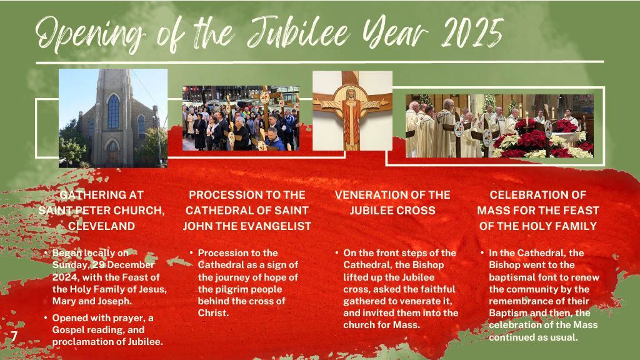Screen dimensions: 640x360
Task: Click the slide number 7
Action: click(14, 336)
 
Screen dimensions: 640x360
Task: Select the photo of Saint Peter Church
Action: click(113, 118)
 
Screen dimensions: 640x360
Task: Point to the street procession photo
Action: click(241, 118)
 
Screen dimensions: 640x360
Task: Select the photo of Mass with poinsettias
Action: click(499, 126)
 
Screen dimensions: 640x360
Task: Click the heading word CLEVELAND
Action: click(102, 226)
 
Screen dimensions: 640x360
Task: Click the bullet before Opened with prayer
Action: click(46, 317)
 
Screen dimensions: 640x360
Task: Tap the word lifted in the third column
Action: click(355, 277)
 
